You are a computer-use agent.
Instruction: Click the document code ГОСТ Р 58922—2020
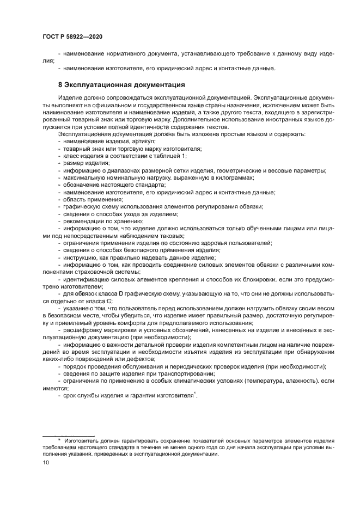pyautogui.click(x=72, y=36)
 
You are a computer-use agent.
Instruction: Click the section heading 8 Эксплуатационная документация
pyautogui.click(x=121, y=85)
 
